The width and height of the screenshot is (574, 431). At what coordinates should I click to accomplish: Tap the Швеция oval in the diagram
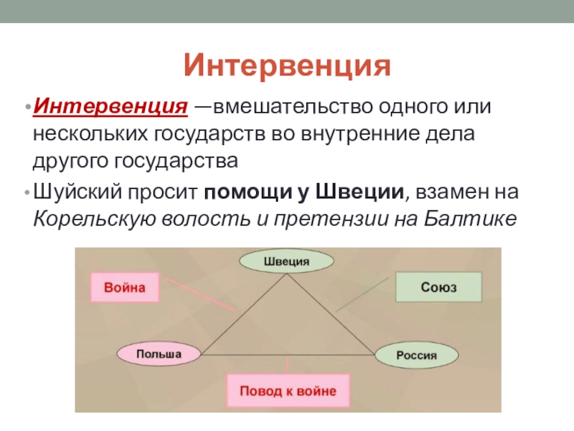[286, 261]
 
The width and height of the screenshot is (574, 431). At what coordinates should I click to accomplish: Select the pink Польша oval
[159, 353]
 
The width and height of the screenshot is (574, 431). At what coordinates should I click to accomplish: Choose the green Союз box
[438, 287]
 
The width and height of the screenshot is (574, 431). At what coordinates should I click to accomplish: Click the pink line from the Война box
[201, 295]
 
